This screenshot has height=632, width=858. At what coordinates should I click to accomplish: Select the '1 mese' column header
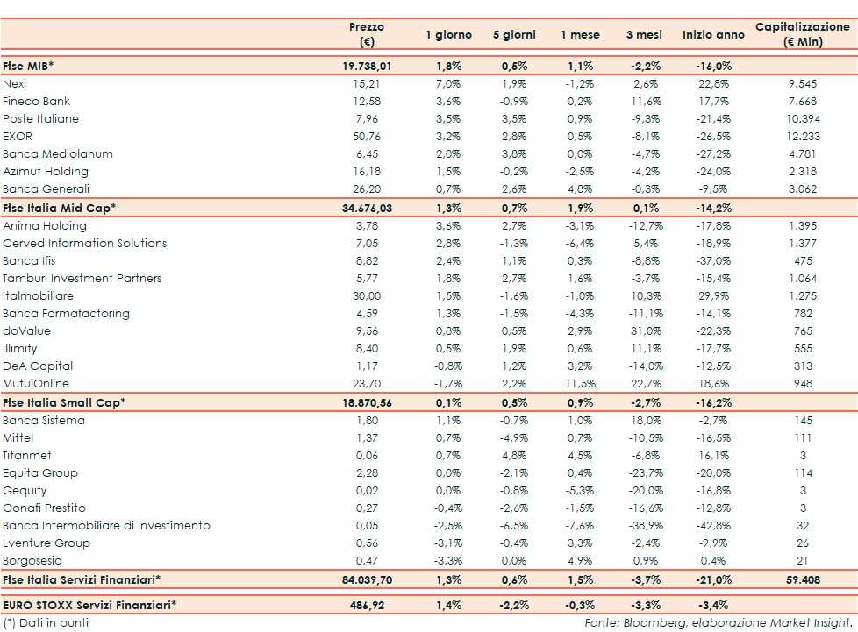pos(580,35)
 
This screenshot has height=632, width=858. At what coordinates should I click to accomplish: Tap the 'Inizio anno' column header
pos(712,35)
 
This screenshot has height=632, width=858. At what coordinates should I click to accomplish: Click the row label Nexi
pos(15,83)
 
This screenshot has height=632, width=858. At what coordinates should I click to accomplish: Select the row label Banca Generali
pos(46,188)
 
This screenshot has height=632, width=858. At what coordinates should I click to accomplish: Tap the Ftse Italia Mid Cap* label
pos(60,208)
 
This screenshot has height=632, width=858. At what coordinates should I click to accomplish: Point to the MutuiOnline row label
pos(35,383)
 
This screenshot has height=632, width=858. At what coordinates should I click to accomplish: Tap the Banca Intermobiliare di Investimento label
pos(106,525)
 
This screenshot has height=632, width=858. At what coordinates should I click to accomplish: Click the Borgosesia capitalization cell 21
pos(803,560)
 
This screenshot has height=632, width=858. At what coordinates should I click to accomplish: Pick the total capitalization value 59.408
pos(803,579)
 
